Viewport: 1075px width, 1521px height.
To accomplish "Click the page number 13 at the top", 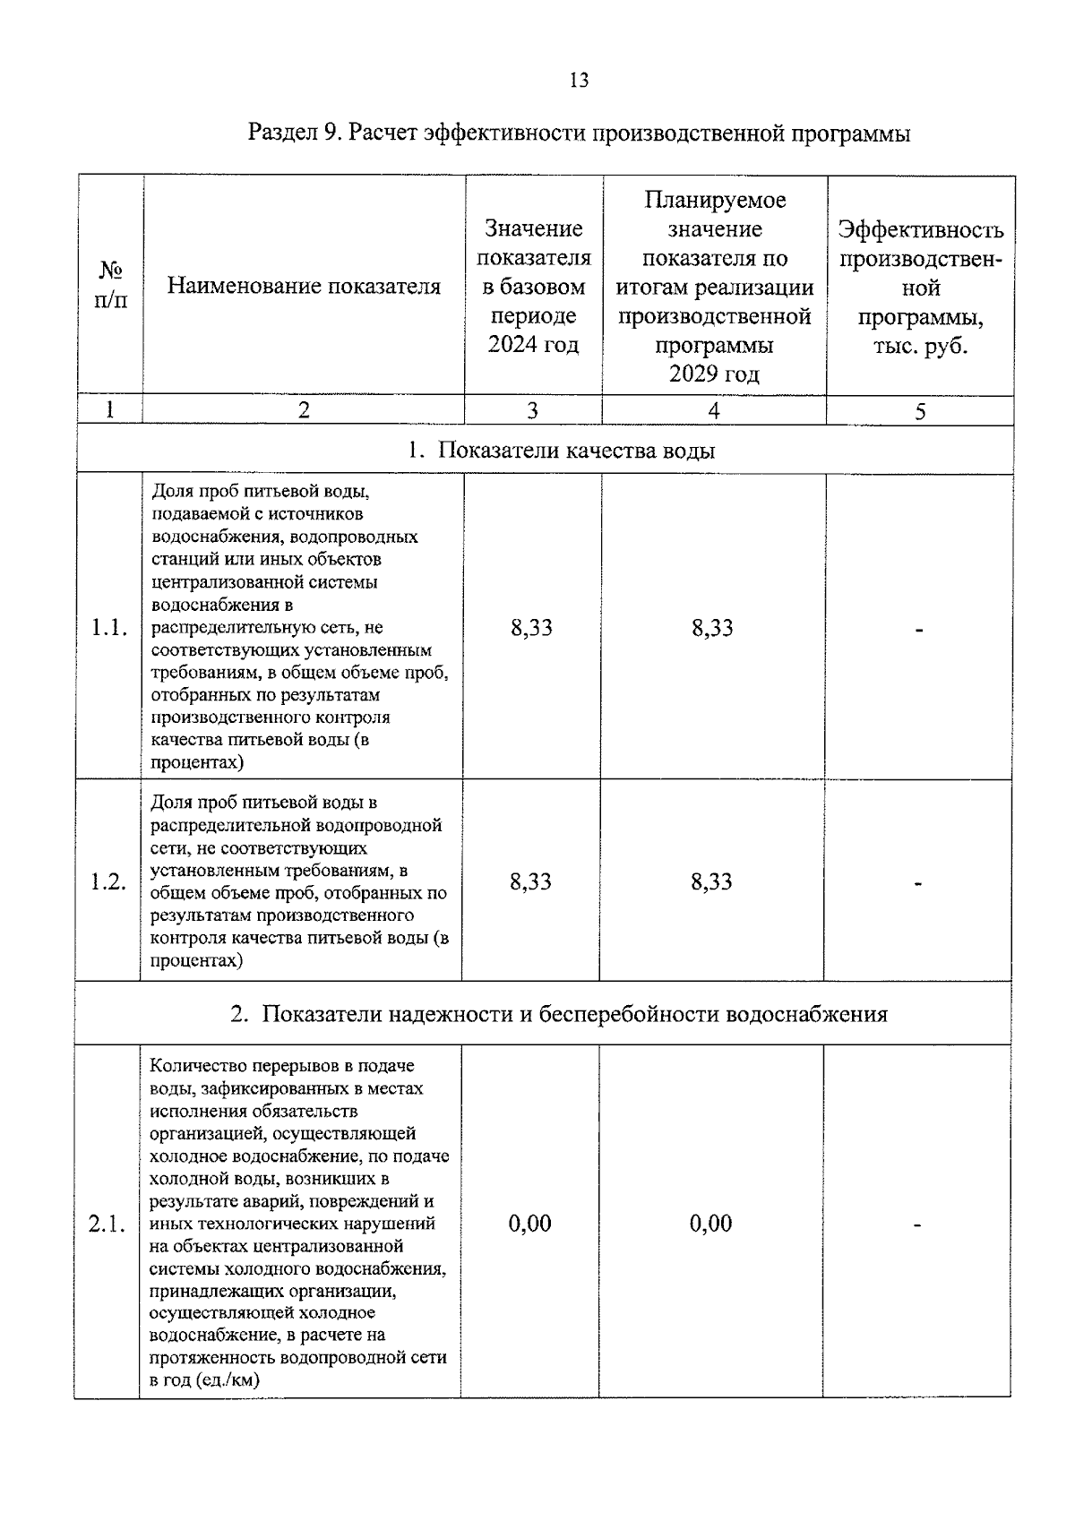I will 579,81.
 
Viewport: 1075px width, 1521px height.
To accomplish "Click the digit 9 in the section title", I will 332,134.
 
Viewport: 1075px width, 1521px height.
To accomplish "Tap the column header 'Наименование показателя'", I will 304,287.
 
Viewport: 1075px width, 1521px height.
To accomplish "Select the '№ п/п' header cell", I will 110,285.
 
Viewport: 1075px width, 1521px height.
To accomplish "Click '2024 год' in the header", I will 533,345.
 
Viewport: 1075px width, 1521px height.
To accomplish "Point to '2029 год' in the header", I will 714,374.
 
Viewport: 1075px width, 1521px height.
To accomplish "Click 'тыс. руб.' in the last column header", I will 920,346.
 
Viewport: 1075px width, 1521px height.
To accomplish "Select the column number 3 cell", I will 532,410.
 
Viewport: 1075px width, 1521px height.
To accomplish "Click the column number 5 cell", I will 920,411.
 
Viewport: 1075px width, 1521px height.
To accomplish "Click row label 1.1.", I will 109,628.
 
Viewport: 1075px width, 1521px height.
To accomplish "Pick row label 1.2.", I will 108,881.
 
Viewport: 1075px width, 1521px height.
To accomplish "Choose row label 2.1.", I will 107,1225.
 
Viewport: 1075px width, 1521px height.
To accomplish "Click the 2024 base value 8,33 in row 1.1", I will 531,628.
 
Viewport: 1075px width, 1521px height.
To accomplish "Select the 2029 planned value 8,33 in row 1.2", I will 711,881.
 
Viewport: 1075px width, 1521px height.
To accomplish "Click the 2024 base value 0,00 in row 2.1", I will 529,1224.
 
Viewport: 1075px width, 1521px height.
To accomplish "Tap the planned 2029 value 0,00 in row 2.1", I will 710,1224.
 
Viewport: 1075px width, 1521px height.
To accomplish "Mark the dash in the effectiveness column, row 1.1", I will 918,631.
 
